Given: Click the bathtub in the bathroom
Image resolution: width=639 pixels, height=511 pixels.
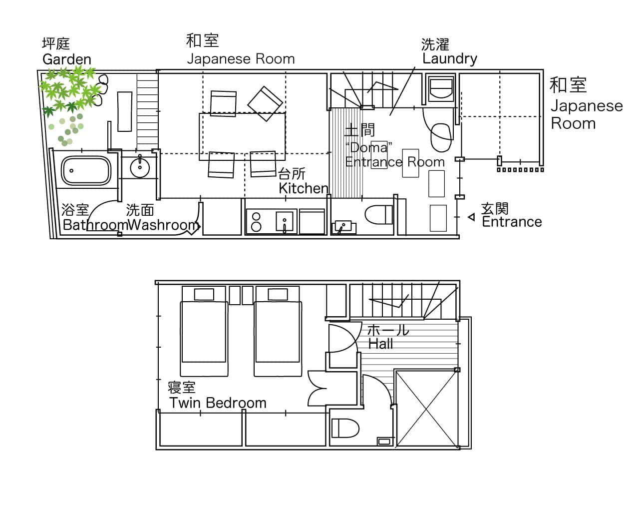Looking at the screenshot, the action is [86, 171].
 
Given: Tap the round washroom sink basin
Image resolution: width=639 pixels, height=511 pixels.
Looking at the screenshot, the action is [140, 168].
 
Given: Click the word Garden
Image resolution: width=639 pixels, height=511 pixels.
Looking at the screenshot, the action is [67, 59].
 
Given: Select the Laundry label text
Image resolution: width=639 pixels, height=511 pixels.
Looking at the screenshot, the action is [450, 59].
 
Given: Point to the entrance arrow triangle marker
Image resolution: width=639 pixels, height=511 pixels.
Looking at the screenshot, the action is [471, 217].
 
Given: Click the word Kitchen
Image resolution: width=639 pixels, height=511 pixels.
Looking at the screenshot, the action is [304, 188].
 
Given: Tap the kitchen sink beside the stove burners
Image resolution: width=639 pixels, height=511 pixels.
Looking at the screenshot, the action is [284, 221].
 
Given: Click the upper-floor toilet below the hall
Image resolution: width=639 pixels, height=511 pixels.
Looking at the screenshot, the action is [345, 428].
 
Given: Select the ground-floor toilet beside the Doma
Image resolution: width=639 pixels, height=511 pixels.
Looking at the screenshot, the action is [378, 214].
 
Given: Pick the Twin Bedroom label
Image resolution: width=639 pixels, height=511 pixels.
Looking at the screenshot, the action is [218, 403].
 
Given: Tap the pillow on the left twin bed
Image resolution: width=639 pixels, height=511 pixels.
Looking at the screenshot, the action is [204, 294].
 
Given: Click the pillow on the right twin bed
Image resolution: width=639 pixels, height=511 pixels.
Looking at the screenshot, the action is [278, 294].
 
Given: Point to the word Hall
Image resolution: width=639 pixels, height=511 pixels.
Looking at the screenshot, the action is [380, 344].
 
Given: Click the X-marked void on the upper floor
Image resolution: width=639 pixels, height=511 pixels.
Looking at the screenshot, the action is [426, 409].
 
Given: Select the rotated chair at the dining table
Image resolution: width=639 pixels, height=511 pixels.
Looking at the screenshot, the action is [265, 104].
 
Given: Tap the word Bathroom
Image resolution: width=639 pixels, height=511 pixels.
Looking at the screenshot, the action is [95, 225].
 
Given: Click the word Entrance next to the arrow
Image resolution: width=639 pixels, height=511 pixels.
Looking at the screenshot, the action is [512, 222].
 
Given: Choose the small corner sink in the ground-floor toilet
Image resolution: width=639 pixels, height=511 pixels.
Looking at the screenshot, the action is [343, 227].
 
